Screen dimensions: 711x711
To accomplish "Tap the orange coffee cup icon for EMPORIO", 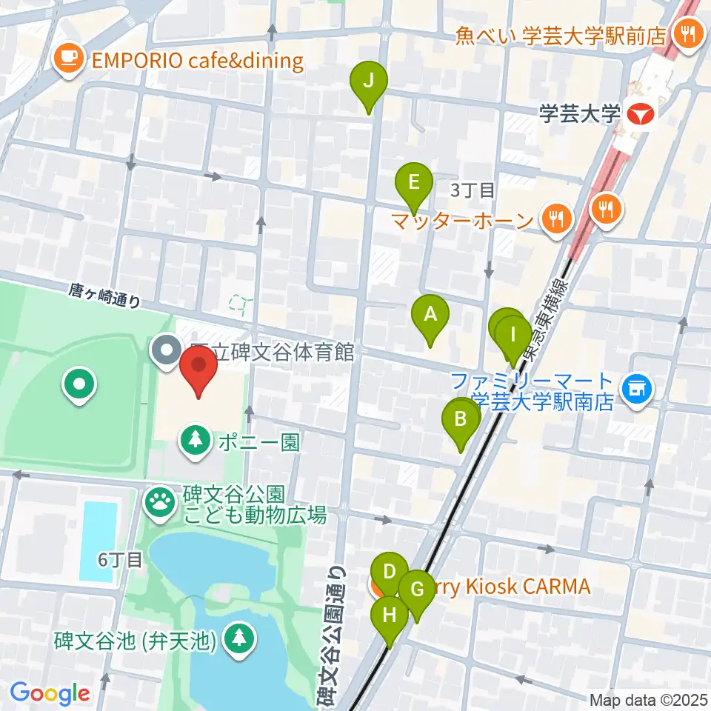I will click(70, 59).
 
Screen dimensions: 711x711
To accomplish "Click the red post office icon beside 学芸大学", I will click(640, 115).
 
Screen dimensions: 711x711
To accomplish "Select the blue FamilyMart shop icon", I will click(634, 386).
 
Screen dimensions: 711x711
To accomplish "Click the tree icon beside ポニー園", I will click(196, 440).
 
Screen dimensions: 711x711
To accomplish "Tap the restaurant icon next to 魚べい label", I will click(688, 33).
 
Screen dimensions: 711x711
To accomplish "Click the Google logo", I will click(50, 693).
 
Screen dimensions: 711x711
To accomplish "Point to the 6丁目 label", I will click(119, 559).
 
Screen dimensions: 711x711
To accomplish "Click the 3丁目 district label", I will click(473, 191).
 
